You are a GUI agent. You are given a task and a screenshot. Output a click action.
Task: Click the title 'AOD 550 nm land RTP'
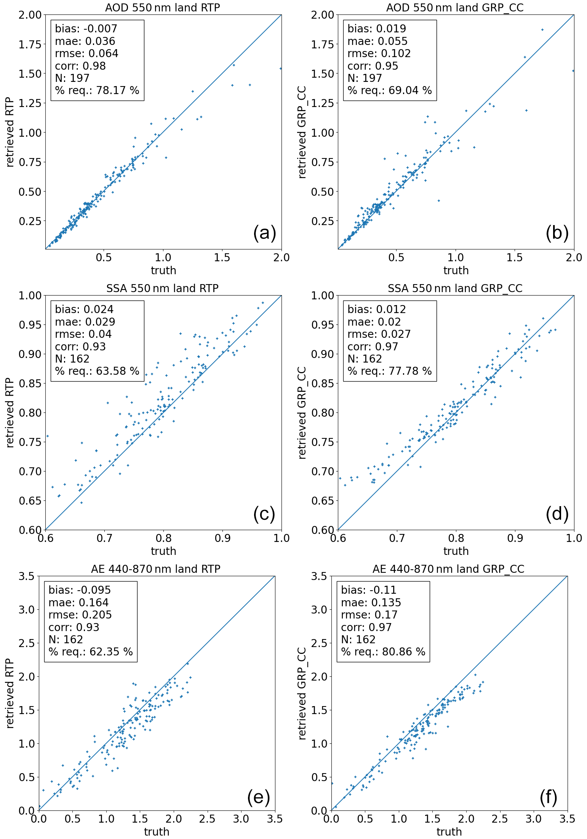tap(162, 8)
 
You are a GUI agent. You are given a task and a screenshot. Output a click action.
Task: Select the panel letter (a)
tap(264, 233)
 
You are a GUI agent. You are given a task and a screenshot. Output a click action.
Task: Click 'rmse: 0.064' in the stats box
tap(86, 53)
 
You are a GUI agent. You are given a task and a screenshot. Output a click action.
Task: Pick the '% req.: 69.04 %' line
tap(389, 90)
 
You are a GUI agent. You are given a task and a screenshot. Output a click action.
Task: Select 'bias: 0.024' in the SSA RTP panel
tap(84, 309)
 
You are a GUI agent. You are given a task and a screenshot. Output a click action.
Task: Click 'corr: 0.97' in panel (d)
tap(373, 347)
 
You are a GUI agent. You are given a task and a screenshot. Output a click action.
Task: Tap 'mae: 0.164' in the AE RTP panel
tap(78, 602)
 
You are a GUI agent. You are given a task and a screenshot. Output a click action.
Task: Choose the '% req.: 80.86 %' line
tap(383, 652)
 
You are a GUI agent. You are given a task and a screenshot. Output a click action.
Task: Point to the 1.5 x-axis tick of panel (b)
tap(514, 258)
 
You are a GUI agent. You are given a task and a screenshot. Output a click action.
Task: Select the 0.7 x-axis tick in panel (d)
tap(397, 538)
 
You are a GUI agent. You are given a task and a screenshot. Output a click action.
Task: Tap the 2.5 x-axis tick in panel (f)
tap(499, 819)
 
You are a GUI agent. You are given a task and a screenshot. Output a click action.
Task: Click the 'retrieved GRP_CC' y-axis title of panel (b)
tap(302, 132)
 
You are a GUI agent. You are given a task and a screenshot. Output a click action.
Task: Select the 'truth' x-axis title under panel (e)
tap(156, 832)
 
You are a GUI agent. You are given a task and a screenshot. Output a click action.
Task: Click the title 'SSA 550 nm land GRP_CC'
tap(455, 288)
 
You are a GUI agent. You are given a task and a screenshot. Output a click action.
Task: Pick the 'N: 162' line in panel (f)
tap(358, 639)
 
